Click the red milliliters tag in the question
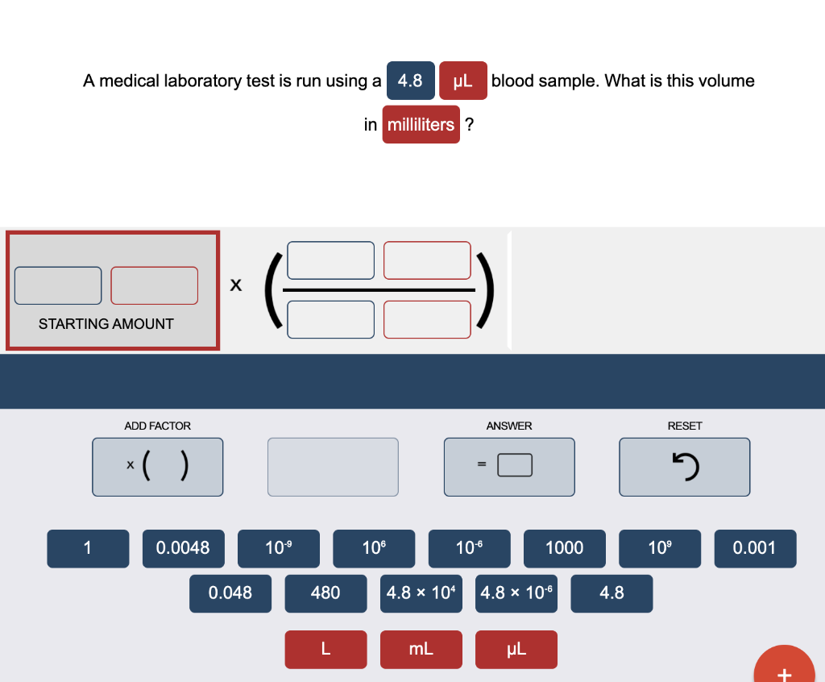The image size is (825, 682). pyautogui.click(x=421, y=124)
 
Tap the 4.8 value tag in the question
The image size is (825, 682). pyautogui.click(x=410, y=81)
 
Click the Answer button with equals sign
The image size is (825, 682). pyautogui.click(x=509, y=467)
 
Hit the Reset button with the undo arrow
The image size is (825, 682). pyautogui.click(x=685, y=467)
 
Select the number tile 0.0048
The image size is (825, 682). pyautogui.click(x=183, y=548)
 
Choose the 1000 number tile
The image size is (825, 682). pyautogui.click(x=565, y=548)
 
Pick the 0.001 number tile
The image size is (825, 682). pyautogui.click(x=755, y=548)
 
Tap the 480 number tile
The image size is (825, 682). pyautogui.click(x=325, y=593)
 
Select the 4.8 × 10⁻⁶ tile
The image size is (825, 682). pyautogui.click(x=516, y=593)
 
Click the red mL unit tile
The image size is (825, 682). pyautogui.click(x=421, y=649)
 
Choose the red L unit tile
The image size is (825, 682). pyautogui.click(x=325, y=649)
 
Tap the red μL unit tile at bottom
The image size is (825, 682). pyautogui.click(x=516, y=649)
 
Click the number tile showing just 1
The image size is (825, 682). pyautogui.click(x=88, y=548)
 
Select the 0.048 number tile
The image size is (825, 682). pyautogui.click(x=230, y=593)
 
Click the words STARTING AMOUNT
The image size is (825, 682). pyautogui.click(x=106, y=324)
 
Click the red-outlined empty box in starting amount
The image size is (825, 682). pyautogui.click(x=154, y=285)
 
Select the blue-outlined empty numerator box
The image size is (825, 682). pyautogui.click(x=330, y=260)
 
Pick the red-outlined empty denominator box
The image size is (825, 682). pyautogui.click(x=427, y=320)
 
